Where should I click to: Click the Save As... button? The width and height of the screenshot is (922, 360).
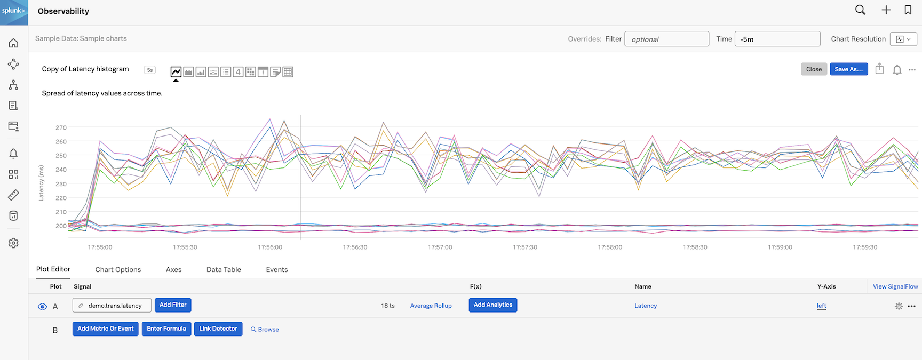(x=848, y=69)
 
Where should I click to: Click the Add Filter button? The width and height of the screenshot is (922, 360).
(x=173, y=305)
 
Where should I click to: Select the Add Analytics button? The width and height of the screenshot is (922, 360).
(x=492, y=305)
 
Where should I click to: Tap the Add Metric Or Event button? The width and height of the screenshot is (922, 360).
(x=106, y=329)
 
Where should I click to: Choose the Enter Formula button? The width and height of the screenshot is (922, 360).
(x=166, y=329)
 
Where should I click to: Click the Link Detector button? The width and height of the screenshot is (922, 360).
(x=218, y=329)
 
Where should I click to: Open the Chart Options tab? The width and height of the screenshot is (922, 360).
(x=118, y=270)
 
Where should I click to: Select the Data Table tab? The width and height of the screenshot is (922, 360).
(x=224, y=270)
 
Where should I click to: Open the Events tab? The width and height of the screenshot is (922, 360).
(x=277, y=270)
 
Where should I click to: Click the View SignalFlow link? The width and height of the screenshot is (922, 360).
(x=895, y=287)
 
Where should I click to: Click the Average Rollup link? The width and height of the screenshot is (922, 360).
(x=431, y=306)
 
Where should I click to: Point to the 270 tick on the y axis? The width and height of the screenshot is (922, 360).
(x=61, y=128)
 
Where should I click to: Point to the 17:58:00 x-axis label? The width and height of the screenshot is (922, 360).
(x=610, y=247)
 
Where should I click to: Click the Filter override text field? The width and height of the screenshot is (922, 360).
(x=666, y=39)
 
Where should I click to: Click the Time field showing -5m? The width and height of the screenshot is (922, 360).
(x=777, y=39)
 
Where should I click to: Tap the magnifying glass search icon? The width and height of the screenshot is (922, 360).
(x=860, y=10)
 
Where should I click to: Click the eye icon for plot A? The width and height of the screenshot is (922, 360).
(x=43, y=307)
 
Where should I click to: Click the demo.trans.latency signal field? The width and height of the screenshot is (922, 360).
(x=112, y=306)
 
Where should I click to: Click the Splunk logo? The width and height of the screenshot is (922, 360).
(x=14, y=12)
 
